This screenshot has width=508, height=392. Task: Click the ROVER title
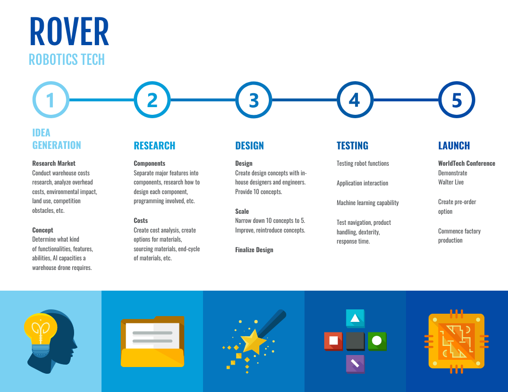click(69, 32)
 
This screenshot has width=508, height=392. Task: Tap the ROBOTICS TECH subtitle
click(66, 60)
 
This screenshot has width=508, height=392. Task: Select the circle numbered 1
click(51, 100)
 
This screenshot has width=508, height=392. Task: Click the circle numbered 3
click(254, 100)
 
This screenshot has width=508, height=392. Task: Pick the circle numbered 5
click(457, 100)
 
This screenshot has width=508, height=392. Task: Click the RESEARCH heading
click(154, 146)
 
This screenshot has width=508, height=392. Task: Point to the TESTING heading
click(352, 146)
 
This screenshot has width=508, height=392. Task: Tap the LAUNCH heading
click(454, 146)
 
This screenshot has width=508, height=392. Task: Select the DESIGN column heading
click(249, 146)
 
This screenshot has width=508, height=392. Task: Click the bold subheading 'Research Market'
click(54, 163)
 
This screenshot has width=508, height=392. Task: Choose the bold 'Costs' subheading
click(141, 220)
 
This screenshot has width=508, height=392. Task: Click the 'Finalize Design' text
click(254, 250)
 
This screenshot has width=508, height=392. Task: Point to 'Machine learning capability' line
click(368, 203)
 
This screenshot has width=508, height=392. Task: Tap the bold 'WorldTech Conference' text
click(467, 163)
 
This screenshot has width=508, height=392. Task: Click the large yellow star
click(253, 342)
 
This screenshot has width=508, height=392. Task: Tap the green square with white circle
click(377, 341)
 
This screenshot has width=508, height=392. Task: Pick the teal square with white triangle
click(355, 318)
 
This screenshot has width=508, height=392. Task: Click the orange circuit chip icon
click(456, 341)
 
